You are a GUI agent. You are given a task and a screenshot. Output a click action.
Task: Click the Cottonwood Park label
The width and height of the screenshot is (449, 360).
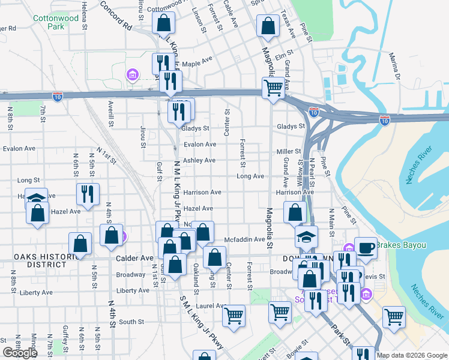[x=48, y=23]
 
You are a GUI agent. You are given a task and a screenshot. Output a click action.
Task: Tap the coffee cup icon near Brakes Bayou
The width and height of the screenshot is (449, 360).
[x=366, y=247]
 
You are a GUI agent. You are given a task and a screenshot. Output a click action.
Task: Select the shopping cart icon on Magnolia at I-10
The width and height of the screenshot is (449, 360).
[x=273, y=87]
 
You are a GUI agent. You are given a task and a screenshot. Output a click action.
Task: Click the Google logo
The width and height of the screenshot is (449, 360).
[x=20, y=353]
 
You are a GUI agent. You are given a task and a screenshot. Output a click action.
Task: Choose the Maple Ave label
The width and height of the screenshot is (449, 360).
[x=197, y=62]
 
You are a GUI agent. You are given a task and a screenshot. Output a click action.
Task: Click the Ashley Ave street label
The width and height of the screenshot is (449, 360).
[x=199, y=160]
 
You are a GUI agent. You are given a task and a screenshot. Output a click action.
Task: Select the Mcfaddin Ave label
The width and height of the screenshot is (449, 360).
[x=244, y=239]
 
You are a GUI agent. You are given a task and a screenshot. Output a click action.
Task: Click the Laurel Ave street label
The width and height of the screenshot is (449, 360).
[x=213, y=305]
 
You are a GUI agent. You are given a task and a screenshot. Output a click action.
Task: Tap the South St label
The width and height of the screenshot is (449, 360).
[x=131, y=322]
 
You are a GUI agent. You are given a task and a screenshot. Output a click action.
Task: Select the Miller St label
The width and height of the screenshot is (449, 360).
[x=288, y=152]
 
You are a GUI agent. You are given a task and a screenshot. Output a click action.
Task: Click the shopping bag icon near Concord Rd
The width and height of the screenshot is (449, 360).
[x=163, y=23]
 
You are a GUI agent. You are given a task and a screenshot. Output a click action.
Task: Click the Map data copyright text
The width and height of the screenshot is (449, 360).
[x=412, y=355]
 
